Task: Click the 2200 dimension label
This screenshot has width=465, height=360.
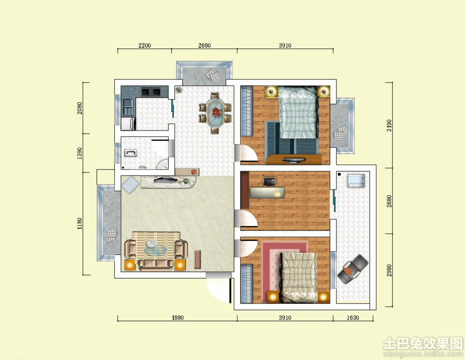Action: [x=144, y=45]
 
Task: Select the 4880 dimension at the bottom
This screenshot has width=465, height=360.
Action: [x=178, y=318]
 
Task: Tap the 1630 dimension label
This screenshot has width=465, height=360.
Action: [x=352, y=318]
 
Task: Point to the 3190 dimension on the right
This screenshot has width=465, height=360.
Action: [x=389, y=125]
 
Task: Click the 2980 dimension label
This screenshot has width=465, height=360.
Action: [x=389, y=270]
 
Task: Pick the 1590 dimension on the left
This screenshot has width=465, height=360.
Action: [x=79, y=153]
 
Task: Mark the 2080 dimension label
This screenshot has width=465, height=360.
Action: [x=79, y=108]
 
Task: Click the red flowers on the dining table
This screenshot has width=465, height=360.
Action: [x=216, y=112]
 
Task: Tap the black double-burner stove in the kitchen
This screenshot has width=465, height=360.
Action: [x=151, y=92]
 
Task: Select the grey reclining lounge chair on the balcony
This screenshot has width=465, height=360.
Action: [x=352, y=269]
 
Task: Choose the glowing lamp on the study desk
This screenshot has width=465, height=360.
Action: [x=277, y=194]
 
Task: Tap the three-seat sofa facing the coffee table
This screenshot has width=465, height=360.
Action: [x=155, y=264]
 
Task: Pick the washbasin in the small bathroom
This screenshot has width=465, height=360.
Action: [x=130, y=154]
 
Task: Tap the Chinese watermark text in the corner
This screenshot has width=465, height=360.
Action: [x=423, y=343]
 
